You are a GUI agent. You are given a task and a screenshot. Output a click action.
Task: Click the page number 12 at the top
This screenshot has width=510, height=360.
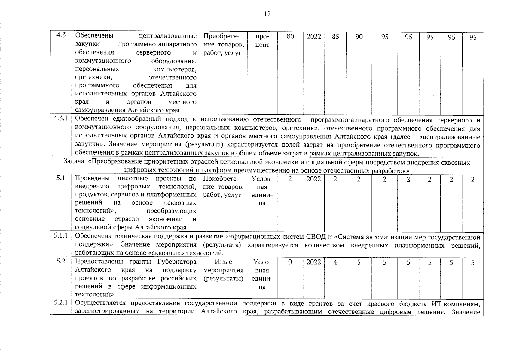267,14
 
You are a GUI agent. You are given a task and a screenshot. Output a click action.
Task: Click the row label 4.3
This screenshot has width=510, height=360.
61,35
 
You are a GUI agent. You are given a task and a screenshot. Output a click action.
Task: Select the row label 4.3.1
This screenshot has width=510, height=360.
61,118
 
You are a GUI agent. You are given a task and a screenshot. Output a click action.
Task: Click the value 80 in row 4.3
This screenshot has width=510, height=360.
290,37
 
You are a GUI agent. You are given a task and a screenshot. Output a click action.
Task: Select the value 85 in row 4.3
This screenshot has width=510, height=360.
335,37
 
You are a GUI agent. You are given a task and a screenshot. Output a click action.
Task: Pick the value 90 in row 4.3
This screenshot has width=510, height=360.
359,37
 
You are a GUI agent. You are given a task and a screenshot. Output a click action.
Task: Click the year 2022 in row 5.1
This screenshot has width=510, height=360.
314,179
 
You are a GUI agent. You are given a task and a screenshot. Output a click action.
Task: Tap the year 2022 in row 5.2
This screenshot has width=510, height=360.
314,262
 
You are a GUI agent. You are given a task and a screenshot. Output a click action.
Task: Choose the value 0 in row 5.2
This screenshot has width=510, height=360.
290,262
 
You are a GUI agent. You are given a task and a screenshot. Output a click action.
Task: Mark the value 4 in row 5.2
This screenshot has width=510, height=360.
335,262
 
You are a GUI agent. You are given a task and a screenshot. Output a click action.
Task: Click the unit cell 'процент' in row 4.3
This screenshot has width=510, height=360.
262,40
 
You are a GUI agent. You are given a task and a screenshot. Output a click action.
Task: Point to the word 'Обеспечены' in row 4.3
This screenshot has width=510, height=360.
94,36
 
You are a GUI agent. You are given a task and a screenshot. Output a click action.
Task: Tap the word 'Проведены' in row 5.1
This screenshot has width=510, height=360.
92,178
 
